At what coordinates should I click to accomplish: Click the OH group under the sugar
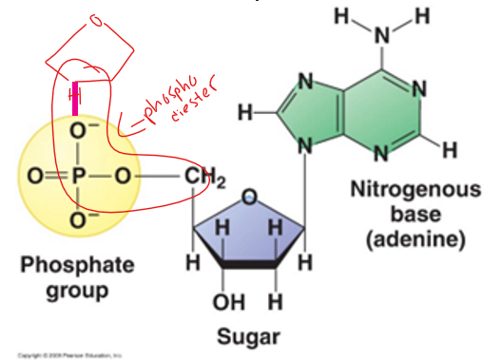[224, 303]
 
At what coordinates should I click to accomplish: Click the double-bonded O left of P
[33, 177]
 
